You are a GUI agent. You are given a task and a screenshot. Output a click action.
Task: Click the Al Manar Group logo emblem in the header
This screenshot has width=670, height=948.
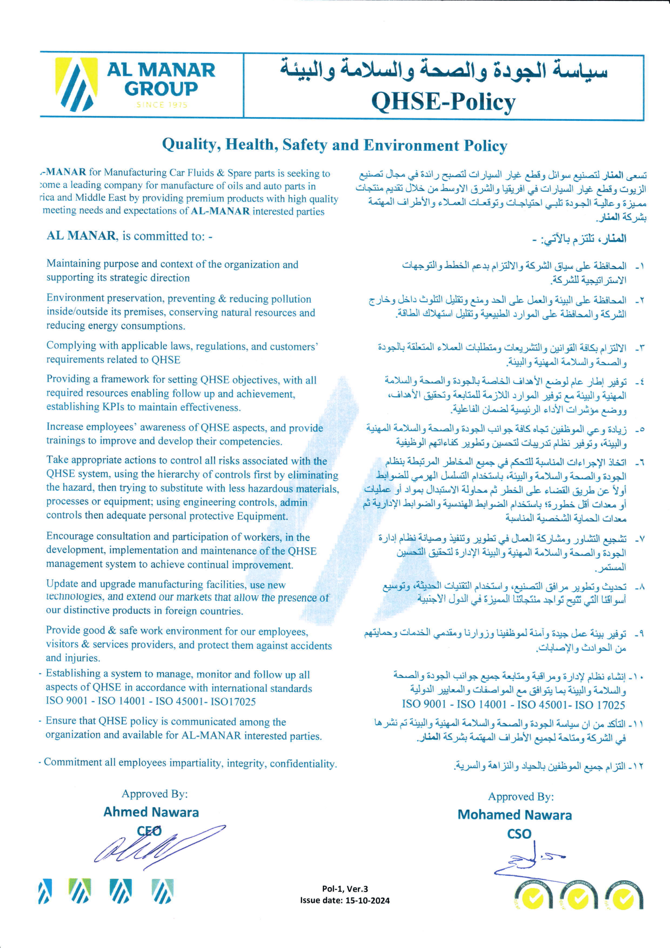tap(76, 84)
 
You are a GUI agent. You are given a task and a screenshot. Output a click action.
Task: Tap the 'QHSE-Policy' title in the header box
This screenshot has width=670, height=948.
tap(444, 101)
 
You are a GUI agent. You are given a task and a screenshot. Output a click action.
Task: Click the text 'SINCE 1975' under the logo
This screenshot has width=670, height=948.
tap(162, 105)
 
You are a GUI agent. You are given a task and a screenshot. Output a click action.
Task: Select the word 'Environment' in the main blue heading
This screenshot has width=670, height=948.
tap(411, 145)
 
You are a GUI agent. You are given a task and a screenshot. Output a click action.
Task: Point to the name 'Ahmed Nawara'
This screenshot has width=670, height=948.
tap(151, 812)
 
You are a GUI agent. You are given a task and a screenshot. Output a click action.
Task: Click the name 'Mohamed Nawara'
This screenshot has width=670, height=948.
tap(514, 815)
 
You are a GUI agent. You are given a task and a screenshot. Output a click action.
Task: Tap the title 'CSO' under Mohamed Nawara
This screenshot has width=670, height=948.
tap(519, 834)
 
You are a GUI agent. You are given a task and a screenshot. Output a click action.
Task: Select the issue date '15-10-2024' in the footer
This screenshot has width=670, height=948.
tap(366, 901)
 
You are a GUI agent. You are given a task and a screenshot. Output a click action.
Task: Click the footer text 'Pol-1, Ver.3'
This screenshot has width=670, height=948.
tap(345, 889)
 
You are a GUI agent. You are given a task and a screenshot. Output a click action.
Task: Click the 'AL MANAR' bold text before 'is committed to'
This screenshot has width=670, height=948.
tap(81, 236)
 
